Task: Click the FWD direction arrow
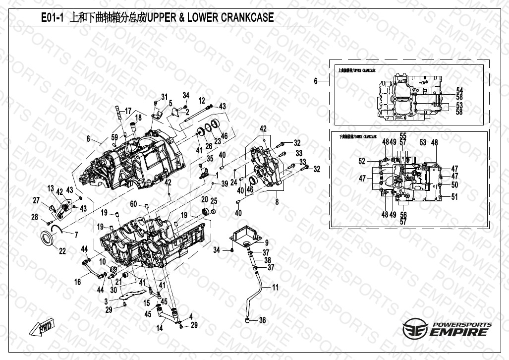[44, 329]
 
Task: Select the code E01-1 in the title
[52, 18]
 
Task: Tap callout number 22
[62, 251]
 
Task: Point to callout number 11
[275, 287]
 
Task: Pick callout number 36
[262, 320]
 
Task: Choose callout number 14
[160, 328]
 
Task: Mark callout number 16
[78, 282]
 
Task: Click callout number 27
[36, 200]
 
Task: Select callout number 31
[164, 96]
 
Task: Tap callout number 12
[202, 100]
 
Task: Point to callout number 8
[277, 202]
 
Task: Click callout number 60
[133, 204]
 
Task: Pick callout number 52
[362, 161]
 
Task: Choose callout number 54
[459, 90]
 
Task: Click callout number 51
[454, 197]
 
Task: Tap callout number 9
[266, 242]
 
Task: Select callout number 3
[106, 301]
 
